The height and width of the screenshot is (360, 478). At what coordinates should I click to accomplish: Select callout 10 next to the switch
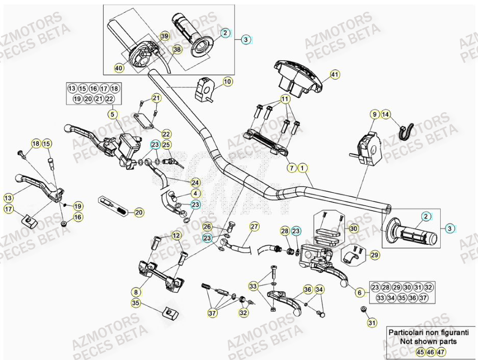(228, 81)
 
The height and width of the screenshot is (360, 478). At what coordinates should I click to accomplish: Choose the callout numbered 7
(291, 167)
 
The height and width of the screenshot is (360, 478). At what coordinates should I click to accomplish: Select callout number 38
(177, 49)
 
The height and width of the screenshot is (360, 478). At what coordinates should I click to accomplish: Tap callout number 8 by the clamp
(136, 292)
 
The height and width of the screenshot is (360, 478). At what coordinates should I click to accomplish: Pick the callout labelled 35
(136, 303)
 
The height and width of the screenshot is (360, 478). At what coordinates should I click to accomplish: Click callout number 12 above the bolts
(176, 236)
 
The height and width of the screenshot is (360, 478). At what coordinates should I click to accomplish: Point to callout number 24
(195, 182)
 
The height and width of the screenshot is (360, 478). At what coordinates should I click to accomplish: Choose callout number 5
(112, 115)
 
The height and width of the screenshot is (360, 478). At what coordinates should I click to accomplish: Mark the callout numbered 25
(166, 145)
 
